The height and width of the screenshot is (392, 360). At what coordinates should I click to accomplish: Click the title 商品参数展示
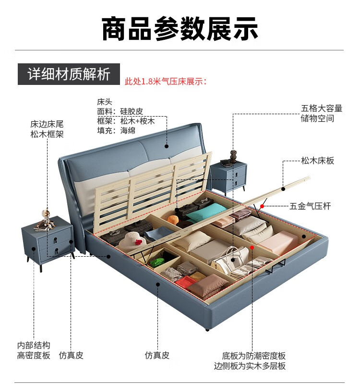click(180, 28)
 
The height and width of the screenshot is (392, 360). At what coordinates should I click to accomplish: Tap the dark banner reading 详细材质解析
click(69, 74)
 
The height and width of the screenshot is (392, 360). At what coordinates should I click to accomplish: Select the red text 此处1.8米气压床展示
click(166, 81)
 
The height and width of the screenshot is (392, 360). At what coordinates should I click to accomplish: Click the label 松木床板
click(318, 161)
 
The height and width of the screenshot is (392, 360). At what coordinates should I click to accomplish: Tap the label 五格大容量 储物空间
click(322, 114)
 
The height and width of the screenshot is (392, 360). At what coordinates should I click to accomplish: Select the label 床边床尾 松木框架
click(47, 129)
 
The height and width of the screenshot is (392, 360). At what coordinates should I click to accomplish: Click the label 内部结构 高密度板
click(34, 350)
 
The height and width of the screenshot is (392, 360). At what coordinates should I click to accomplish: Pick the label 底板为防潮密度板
click(254, 356)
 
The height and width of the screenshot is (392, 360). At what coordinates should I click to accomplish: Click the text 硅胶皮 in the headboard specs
click(132, 111)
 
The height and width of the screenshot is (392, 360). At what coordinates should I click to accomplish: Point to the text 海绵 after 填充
click(128, 130)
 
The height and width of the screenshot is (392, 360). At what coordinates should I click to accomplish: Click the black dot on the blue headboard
click(167, 146)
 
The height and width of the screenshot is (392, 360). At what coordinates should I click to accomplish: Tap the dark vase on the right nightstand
click(234, 156)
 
